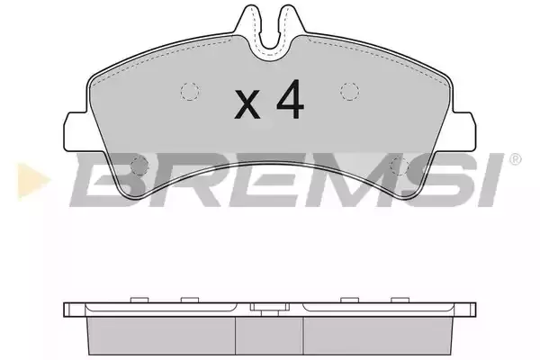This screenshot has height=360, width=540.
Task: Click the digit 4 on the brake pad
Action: tap(290, 100)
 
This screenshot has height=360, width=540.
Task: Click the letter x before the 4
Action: tap(247, 104)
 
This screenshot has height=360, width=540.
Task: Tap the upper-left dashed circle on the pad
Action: tap(190, 92)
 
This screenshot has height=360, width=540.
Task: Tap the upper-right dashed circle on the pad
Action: tap(349, 92)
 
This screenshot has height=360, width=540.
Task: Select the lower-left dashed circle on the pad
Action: tap(139, 165)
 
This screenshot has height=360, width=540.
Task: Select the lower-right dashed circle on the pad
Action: tap(400, 165)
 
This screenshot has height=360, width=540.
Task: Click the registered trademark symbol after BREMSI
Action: tap(515, 159)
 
